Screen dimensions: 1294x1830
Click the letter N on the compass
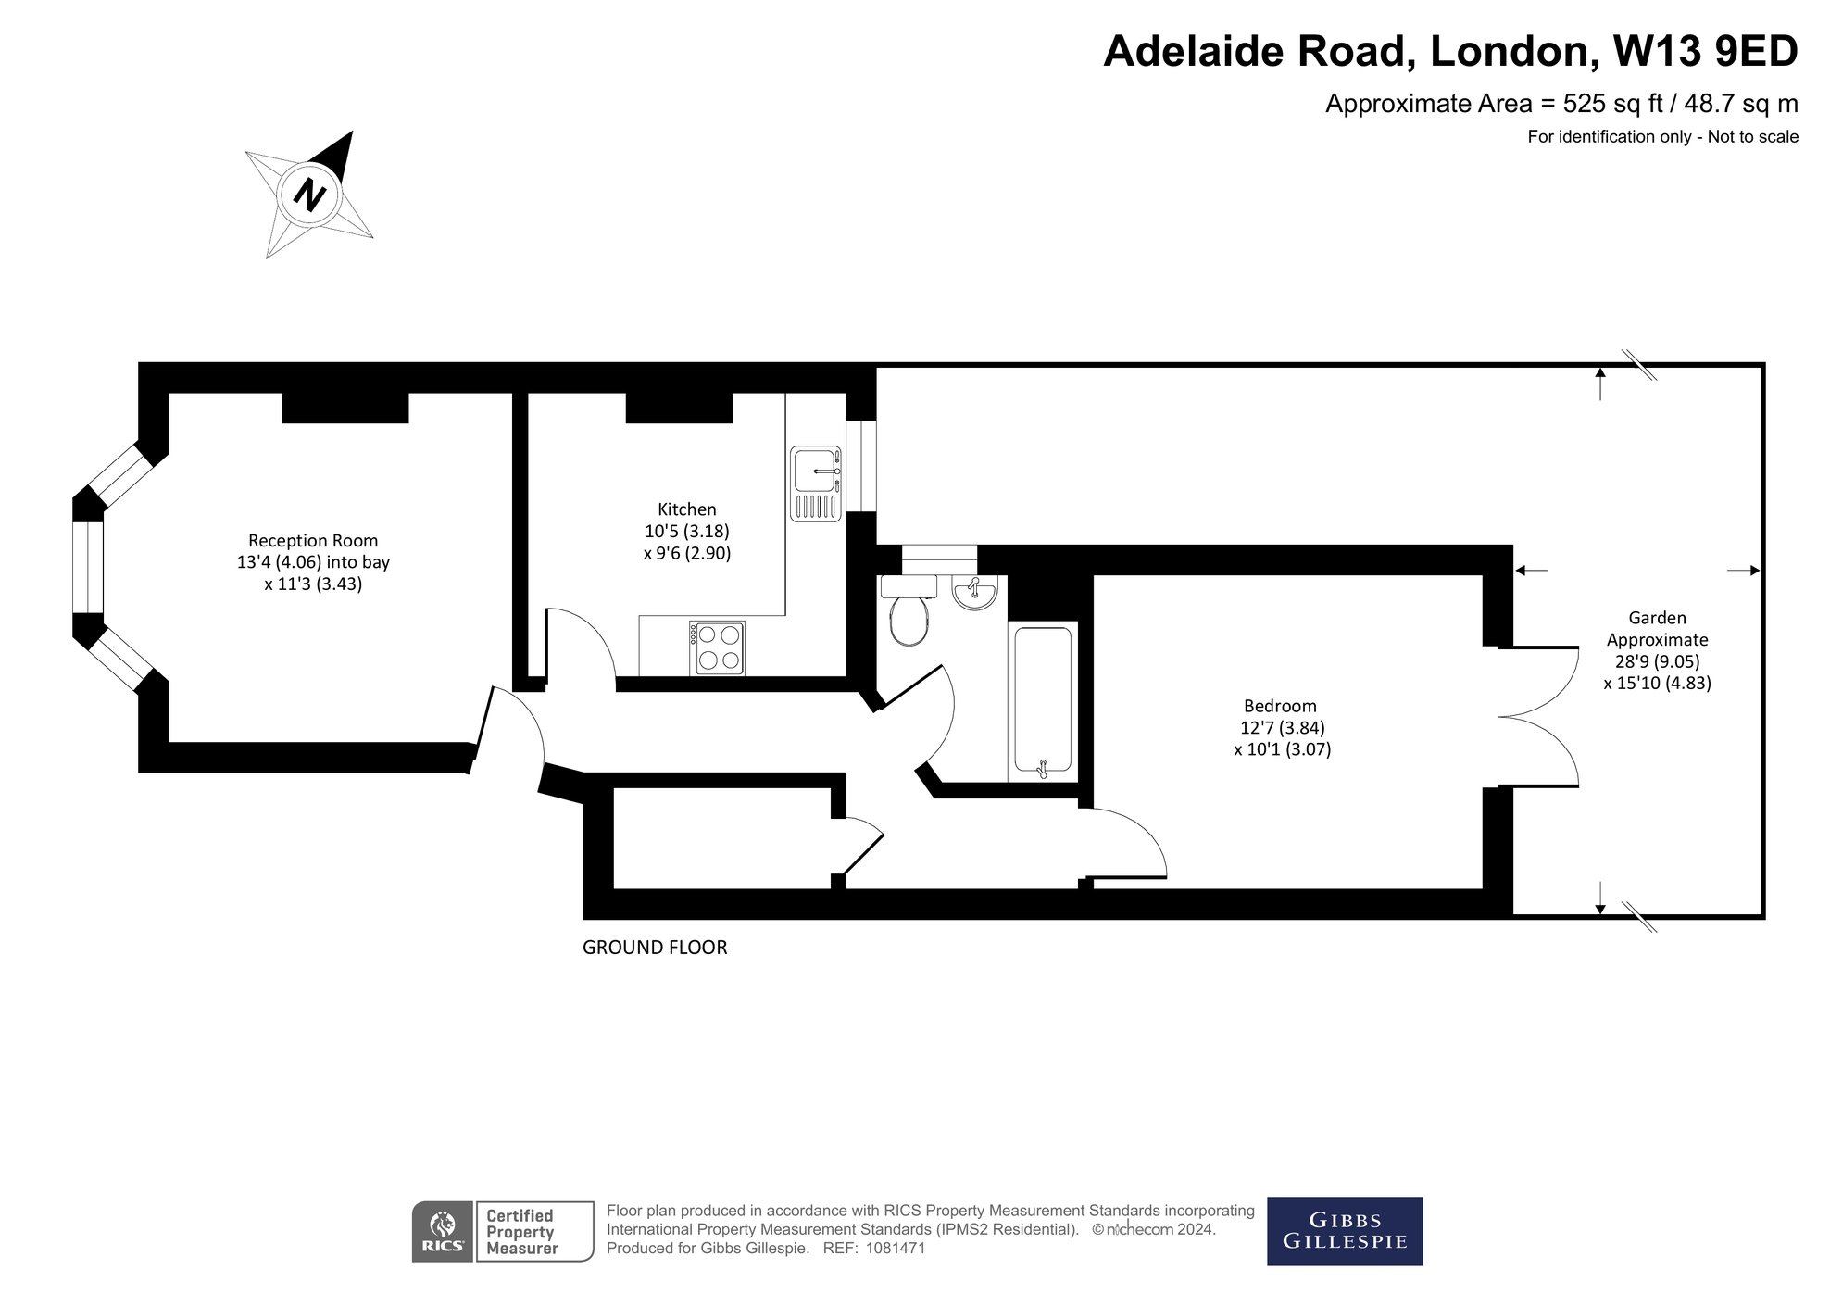[309, 195]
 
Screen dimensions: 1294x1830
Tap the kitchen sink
[816, 483]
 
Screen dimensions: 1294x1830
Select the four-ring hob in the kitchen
[718, 647]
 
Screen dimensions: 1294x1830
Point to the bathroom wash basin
[973, 592]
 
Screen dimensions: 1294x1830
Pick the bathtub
[1043, 700]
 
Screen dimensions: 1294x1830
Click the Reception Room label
[313, 541]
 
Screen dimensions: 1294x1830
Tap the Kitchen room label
[686, 509]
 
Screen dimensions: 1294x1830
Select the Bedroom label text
[1280, 707]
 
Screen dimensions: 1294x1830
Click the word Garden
[1657, 618]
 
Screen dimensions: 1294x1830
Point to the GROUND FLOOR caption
[655, 948]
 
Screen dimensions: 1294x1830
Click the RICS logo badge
[443, 1231]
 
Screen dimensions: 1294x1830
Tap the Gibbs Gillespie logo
[1344, 1231]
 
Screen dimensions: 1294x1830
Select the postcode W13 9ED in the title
[1705, 51]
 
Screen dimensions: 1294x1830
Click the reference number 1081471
[895, 1249]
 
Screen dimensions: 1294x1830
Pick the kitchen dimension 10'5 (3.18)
[686, 532]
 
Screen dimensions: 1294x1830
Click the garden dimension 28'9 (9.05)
[1657, 661]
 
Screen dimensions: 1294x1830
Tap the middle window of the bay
[89, 568]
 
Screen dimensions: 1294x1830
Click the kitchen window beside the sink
[861, 466]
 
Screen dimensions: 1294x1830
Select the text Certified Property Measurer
[521, 1232]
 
